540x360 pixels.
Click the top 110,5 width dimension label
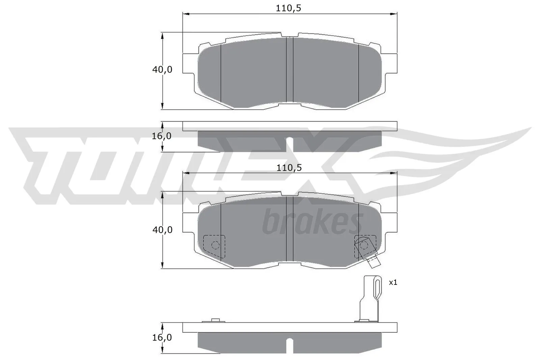coord(288,8)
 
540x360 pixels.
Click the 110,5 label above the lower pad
coord(289,168)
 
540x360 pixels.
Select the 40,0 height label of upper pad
coord(162,70)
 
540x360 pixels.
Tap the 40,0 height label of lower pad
coord(162,230)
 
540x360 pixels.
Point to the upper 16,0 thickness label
coord(162,136)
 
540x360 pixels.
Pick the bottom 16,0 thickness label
coord(162,337)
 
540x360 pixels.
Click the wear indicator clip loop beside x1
coord(377,287)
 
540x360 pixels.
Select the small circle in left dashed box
coord(214,245)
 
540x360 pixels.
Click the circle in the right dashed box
coord(363,245)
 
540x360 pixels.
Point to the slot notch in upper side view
coord(290,144)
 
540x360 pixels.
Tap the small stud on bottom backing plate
coord(215,320)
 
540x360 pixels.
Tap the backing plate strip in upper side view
coord(290,126)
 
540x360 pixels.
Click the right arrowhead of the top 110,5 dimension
coord(394,14)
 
